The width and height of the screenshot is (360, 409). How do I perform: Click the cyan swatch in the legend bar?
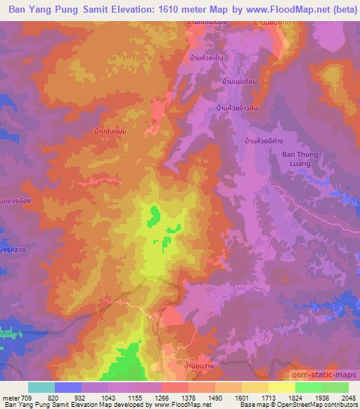[x=41, y=387]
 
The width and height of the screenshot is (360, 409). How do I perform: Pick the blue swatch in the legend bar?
[x=68, y=387]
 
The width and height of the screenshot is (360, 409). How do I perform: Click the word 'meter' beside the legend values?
[x=11, y=397]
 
